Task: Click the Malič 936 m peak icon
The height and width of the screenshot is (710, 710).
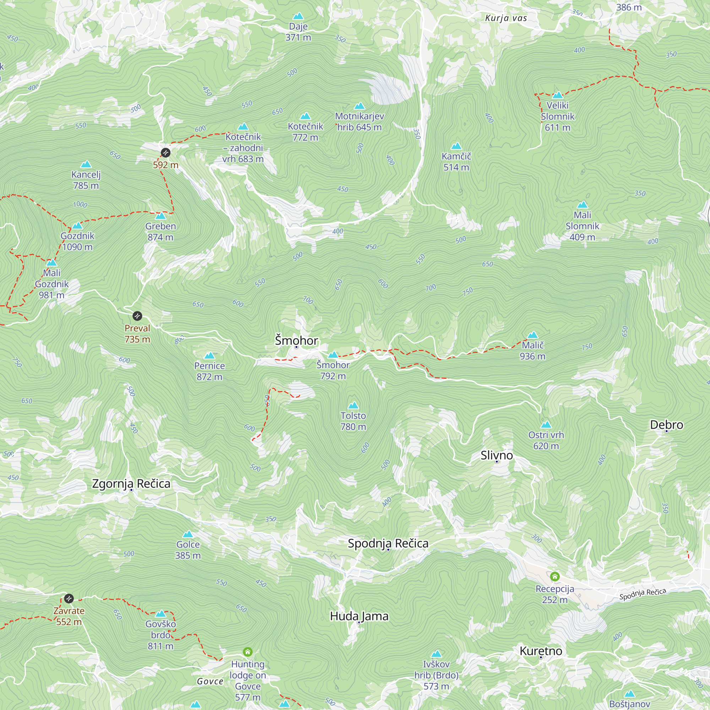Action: click(x=532, y=335)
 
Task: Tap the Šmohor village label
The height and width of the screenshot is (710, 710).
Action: click(x=296, y=340)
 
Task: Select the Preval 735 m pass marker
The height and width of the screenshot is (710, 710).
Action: click(x=137, y=316)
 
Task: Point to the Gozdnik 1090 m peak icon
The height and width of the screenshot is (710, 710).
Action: click(x=77, y=226)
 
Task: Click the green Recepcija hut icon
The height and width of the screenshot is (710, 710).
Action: click(x=555, y=576)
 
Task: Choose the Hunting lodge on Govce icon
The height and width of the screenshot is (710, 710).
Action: click(x=248, y=651)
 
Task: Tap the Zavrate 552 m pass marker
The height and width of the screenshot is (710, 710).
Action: click(x=69, y=598)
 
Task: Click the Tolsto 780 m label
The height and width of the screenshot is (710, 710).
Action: click(x=353, y=421)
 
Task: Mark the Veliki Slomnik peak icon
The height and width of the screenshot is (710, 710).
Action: click(x=557, y=95)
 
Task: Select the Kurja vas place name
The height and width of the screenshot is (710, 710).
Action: click(x=506, y=18)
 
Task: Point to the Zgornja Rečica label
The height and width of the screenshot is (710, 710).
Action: click(x=131, y=484)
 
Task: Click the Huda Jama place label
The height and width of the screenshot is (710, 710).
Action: click(x=359, y=616)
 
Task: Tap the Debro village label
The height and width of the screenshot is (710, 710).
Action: click(x=666, y=425)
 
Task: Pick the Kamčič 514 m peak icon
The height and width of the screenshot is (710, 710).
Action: click(x=456, y=146)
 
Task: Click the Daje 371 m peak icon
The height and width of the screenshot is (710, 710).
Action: click(x=298, y=16)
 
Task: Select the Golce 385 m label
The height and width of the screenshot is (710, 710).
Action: click(x=188, y=550)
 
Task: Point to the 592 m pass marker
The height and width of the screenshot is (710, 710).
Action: click(x=166, y=153)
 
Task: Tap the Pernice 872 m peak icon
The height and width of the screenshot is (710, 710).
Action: click(x=209, y=355)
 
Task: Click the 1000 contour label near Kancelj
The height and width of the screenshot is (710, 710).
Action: click(x=80, y=204)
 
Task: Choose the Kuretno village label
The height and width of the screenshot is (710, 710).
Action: click(x=541, y=651)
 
